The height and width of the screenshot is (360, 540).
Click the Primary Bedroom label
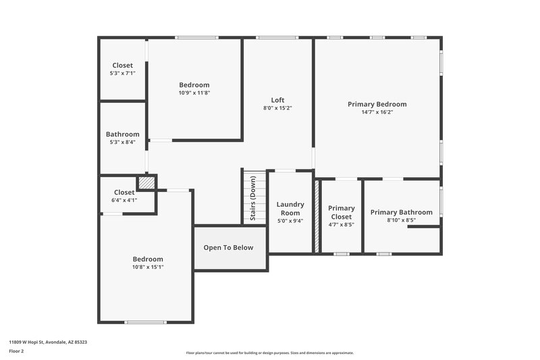click(377, 104)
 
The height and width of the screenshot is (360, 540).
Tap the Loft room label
click(277, 100)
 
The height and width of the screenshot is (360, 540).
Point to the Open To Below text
click(229, 248)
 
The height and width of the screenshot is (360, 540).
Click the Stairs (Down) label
click(253, 199)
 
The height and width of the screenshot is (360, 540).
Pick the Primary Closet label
click(341, 212)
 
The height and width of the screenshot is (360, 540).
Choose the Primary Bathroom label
click(401, 212)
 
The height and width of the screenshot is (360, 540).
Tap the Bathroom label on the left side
click(123, 134)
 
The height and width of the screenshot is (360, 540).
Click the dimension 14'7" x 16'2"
click(377, 112)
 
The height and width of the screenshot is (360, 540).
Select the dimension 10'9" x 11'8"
click(194, 93)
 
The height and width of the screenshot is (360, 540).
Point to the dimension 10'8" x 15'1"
click(148, 267)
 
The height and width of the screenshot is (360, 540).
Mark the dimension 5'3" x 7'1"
click(123, 73)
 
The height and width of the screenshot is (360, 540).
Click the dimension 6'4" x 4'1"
click(124, 200)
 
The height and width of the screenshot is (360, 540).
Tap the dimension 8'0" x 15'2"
click(277, 108)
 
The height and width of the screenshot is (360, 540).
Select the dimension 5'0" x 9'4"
click(290, 221)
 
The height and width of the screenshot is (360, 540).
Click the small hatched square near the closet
click(146, 182)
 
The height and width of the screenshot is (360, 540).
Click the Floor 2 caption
click(16, 352)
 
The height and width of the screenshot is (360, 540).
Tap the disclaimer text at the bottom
click(269, 353)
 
